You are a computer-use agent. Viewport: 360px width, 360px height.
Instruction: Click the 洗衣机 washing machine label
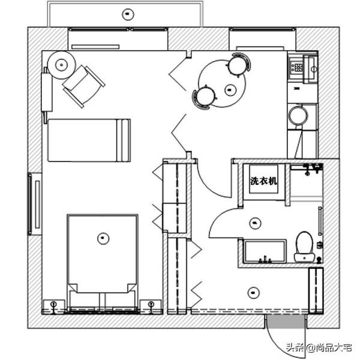263,181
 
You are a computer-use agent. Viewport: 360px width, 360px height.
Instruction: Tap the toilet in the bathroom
304,247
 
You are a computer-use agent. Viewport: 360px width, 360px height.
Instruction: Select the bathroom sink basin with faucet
265,251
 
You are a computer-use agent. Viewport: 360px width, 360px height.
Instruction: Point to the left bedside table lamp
53,307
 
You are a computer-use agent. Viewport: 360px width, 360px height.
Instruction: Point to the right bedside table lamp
151,307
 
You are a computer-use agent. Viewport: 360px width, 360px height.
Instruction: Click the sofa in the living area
89,140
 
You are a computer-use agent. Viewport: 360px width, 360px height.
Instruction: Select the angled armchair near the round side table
84,86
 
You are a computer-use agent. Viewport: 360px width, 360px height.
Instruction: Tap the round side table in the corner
61,65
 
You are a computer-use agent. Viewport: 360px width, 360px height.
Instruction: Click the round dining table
222,83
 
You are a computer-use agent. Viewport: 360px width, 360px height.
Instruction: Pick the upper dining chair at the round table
238,65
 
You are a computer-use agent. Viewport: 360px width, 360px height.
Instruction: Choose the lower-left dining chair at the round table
205,97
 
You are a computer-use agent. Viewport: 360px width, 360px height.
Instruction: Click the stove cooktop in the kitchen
296,67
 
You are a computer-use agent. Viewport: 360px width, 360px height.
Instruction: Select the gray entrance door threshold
286,321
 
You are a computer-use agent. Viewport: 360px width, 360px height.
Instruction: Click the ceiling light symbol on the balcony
128,14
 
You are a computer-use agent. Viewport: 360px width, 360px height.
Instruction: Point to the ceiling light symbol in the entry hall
253,293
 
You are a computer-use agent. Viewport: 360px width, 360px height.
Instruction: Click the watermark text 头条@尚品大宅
319,347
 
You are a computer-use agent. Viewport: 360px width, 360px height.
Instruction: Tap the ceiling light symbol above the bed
103,238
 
